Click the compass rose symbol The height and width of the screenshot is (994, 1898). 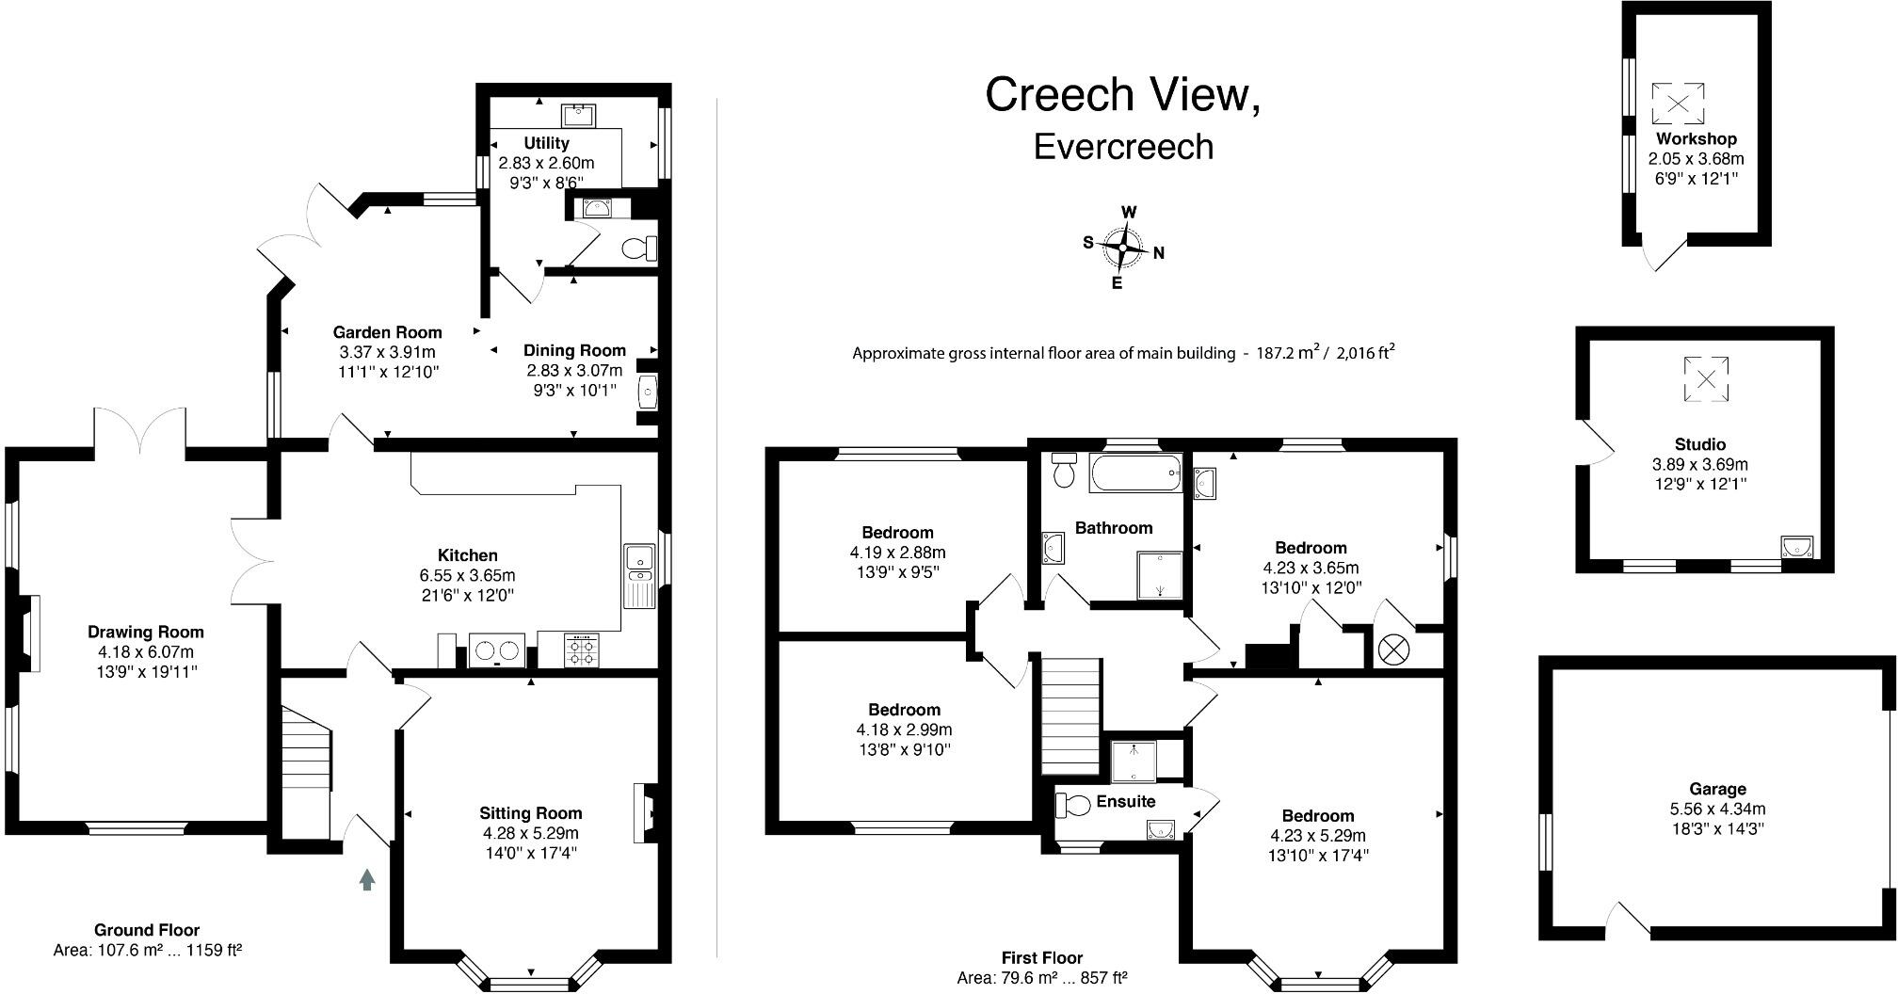pyautogui.click(x=1123, y=248)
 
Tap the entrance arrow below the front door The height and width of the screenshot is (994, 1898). pyautogui.click(x=367, y=880)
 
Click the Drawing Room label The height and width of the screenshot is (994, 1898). pyautogui.click(x=146, y=632)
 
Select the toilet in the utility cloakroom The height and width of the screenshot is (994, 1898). pyautogui.click(x=641, y=248)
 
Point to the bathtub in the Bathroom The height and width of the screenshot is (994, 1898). pyautogui.click(x=1135, y=473)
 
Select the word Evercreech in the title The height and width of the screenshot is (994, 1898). pyautogui.click(x=1123, y=148)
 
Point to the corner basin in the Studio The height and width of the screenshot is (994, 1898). pyautogui.click(x=1797, y=547)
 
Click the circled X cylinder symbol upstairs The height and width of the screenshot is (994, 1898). pyautogui.click(x=1391, y=649)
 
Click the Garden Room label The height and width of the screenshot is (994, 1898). pyautogui.click(x=387, y=332)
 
